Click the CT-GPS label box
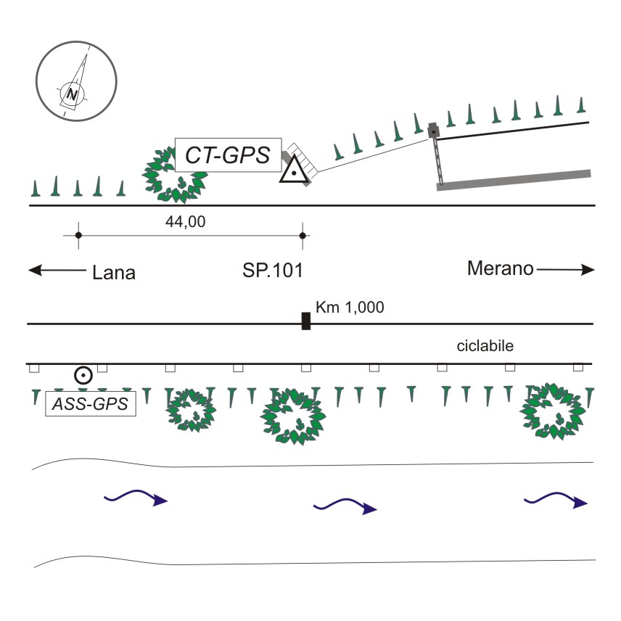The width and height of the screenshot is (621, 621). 228,155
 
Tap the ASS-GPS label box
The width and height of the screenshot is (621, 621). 91,403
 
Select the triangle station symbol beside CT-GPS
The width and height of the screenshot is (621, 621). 294,169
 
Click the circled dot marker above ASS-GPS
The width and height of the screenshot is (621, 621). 83,375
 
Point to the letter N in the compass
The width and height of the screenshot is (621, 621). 72,94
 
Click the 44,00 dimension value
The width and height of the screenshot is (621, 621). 185,222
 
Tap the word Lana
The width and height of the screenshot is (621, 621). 114,273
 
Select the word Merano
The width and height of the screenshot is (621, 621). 500,268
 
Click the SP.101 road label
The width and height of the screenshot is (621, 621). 273,270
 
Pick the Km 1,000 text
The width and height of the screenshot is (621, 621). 350,307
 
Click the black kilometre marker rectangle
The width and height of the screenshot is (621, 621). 305,321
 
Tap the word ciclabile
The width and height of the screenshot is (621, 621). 485,346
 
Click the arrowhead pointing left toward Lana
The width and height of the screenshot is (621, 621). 35,271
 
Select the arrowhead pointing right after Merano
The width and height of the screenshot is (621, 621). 588,270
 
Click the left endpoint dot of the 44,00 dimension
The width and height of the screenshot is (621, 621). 78,235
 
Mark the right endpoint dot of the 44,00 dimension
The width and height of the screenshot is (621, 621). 303,236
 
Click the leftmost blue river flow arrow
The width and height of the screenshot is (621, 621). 136,498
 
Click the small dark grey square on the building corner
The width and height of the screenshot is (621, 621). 434,131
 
